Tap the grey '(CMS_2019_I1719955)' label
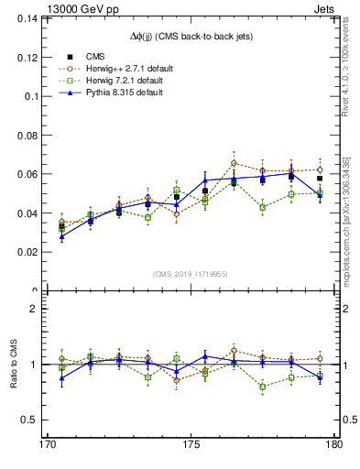click(190, 273)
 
